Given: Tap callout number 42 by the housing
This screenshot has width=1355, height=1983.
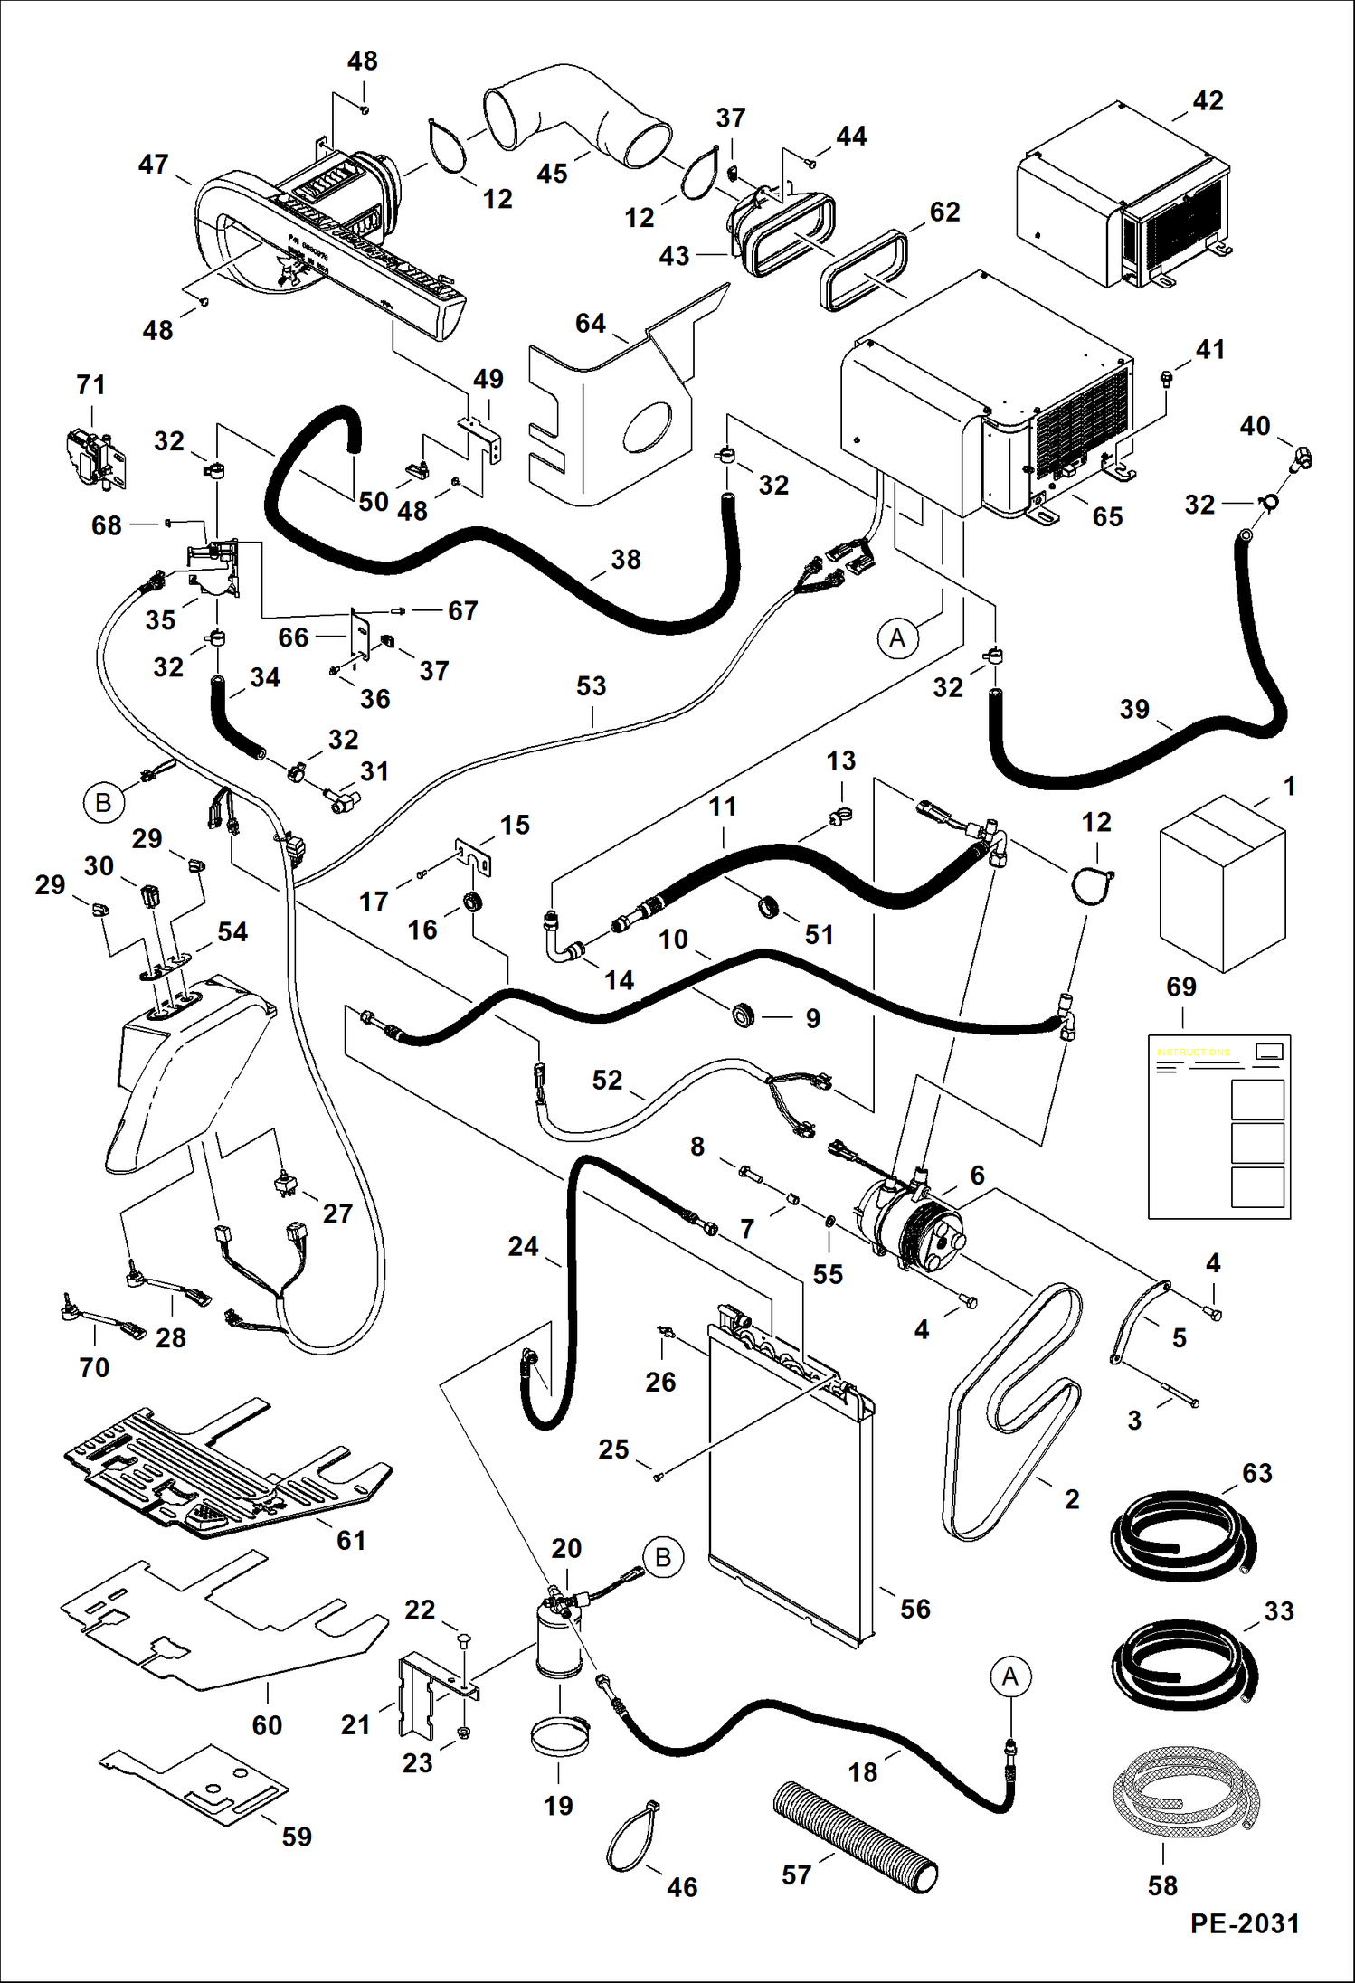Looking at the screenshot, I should pyautogui.click(x=1208, y=100).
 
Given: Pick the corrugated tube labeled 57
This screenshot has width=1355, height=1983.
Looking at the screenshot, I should pyautogui.click(x=856, y=1837).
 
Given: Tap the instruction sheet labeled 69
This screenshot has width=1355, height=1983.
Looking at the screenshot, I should pyautogui.click(x=1219, y=1127).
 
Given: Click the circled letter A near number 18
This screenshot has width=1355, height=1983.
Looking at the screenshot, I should pyautogui.click(x=1010, y=1676).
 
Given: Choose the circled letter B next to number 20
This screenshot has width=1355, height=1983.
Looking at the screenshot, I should pyautogui.click(x=662, y=1557).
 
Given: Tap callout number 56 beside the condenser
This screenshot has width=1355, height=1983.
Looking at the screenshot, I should pyautogui.click(x=914, y=1609).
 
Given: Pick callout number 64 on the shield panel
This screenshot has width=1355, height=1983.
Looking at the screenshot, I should pyautogui.click(x=590, y=323).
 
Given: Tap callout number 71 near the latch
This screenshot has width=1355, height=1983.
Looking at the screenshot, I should pyautogui.click(x=90, y=384).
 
